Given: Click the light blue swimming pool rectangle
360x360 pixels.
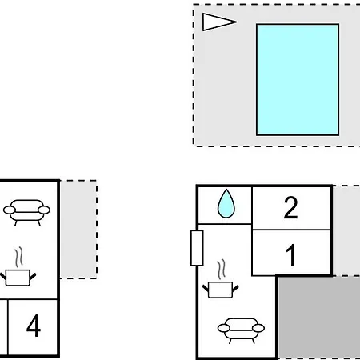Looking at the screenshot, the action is tap(298, 80).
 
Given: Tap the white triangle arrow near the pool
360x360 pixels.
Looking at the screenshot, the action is tap(219, 22).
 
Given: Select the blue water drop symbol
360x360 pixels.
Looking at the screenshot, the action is tap(226, 204).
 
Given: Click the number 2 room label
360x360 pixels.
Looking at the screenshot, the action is tap(290, 207).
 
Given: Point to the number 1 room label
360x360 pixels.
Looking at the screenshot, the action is tap(291, 255).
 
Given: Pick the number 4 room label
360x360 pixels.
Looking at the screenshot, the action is tap(34, 326).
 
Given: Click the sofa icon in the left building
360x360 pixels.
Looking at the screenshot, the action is tap(26, 212).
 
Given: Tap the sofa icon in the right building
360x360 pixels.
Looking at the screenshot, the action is tap(241, 330).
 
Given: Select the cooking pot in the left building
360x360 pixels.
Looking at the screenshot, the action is tap(18, 278).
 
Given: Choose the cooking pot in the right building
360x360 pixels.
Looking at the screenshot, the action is tap(220, 290).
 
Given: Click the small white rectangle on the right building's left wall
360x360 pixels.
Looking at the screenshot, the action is tap(197, 248).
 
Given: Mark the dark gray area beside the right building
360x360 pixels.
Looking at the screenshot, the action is tap(319, 318).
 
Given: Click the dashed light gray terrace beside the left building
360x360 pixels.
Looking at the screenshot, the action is tap(78, 230).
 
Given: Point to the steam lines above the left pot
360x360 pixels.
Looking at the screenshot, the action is tap(18, 257).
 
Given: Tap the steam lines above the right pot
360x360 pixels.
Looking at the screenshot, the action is tap(221, 269).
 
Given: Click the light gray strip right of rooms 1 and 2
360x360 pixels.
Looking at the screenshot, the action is tap(346, 230).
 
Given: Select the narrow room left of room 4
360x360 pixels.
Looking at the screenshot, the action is tap(3, 327).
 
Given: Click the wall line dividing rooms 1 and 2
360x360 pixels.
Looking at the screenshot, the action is tap(291, 230).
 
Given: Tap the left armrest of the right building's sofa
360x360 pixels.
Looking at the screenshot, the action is tap(224, 328).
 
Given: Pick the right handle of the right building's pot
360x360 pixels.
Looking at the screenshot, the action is tap(235, 288).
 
